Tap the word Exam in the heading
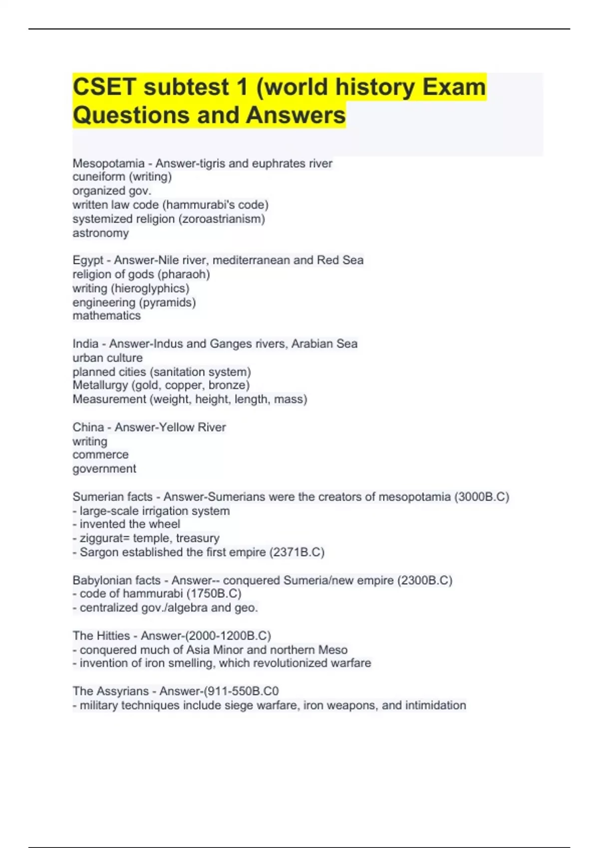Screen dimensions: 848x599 coord(454,87)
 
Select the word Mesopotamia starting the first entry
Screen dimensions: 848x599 coord(108,164)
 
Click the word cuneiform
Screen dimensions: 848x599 coord(99,177)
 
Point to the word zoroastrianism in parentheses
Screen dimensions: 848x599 coord(222,219)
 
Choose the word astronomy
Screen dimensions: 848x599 coord(100,233)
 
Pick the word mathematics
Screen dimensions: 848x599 coord(106,316)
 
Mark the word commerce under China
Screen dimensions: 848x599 coord(100,455)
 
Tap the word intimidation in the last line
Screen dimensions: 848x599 coord(435,705)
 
